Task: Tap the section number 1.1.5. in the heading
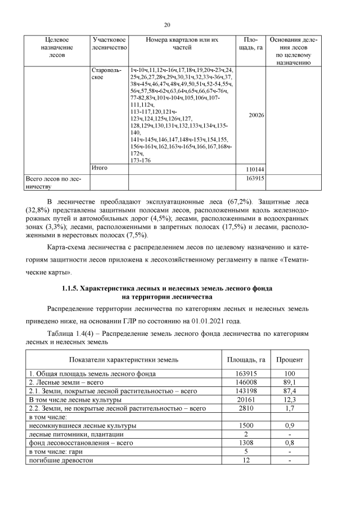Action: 72,288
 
